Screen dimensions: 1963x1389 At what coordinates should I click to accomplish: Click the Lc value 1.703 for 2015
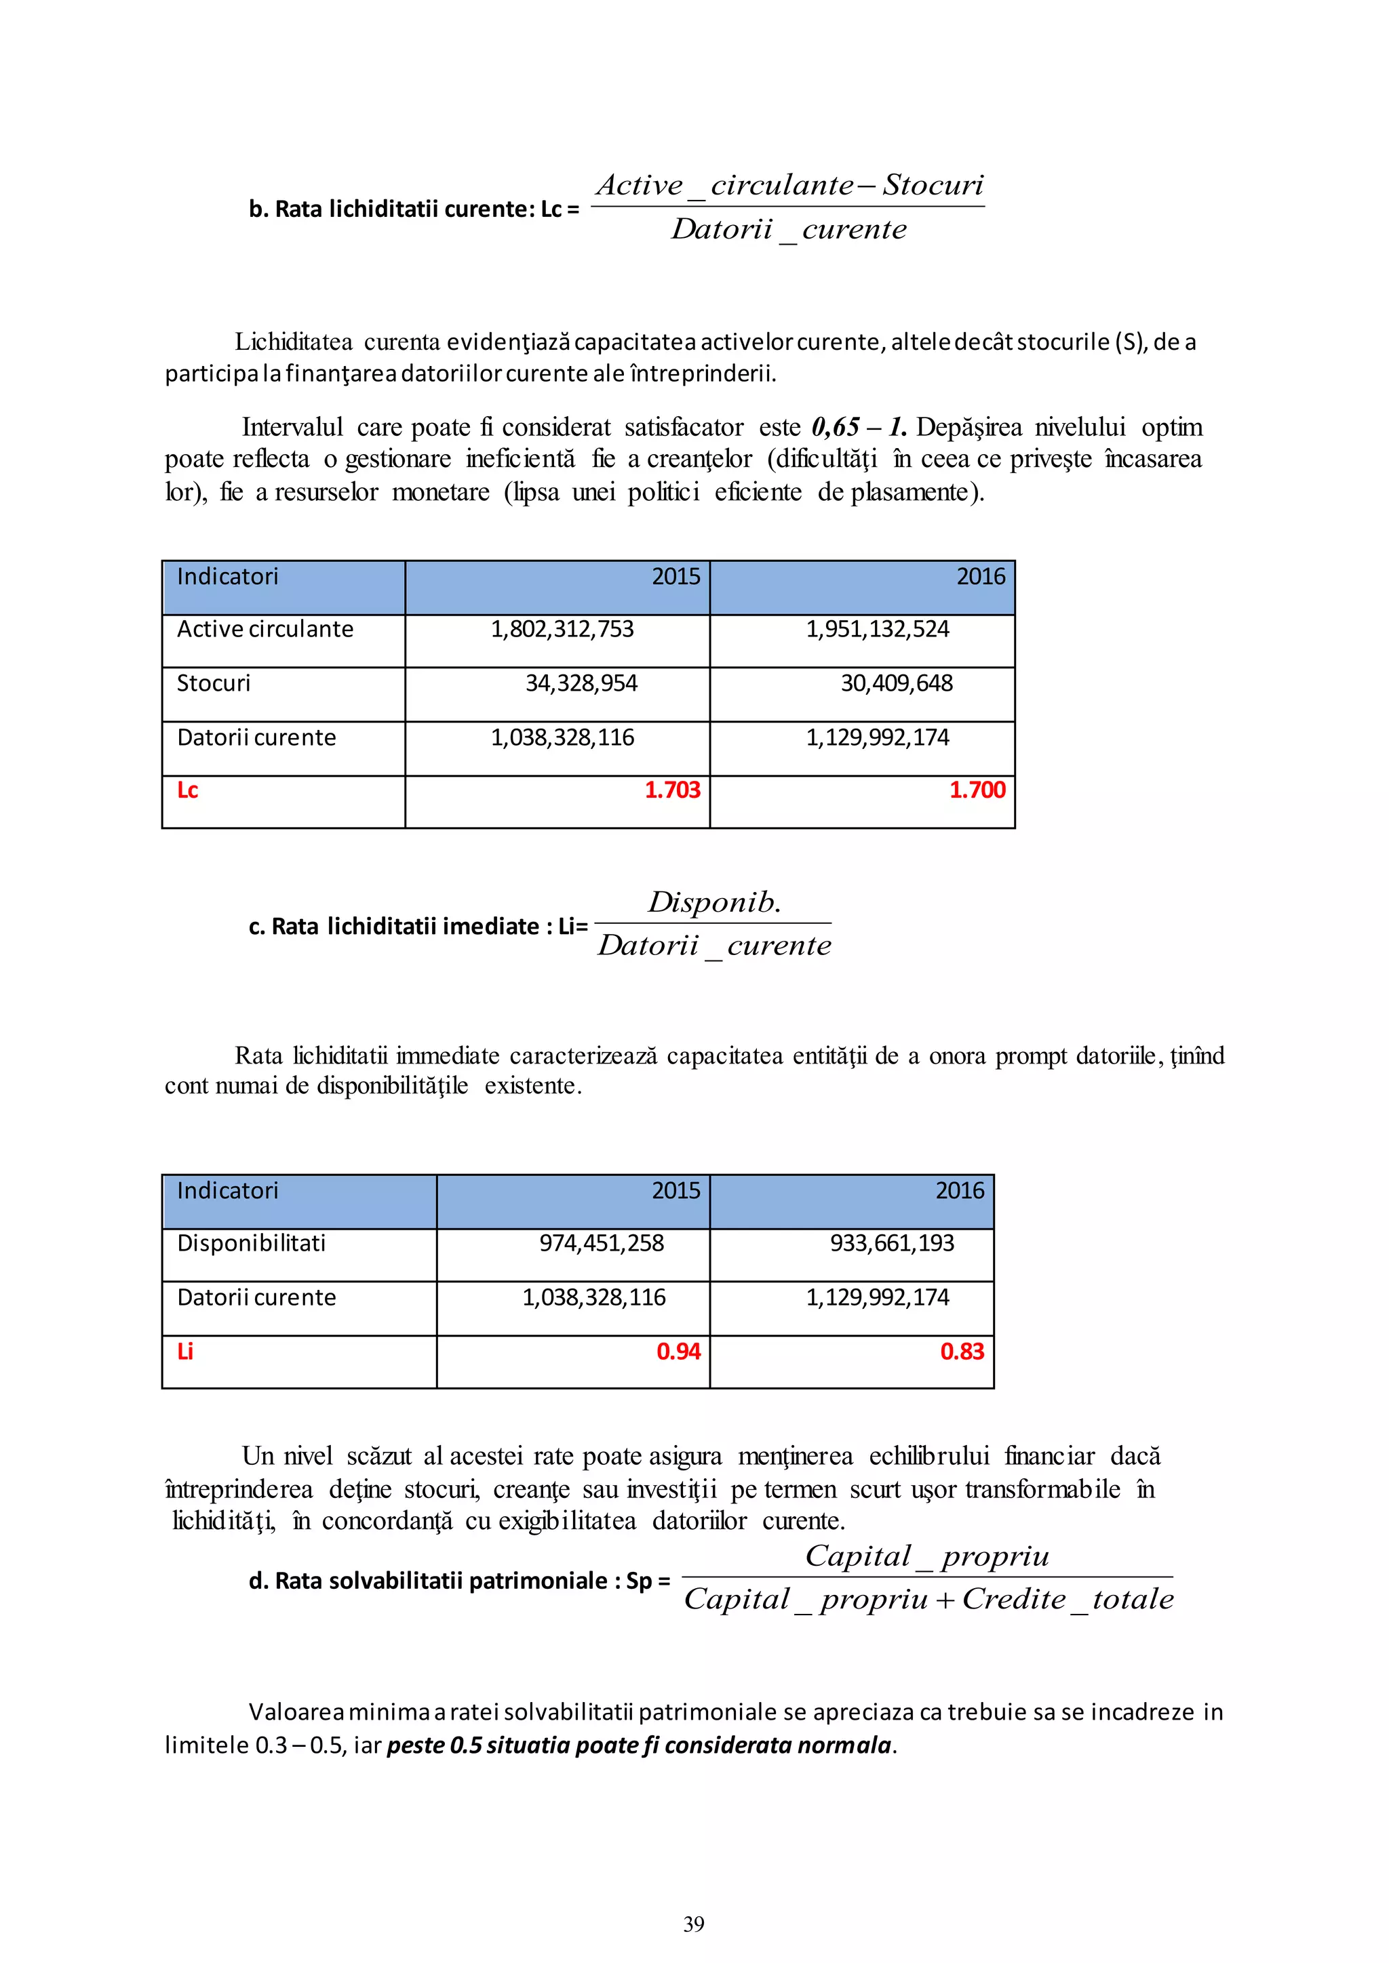(672, 790)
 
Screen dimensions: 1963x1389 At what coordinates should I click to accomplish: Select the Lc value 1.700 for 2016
(977, 790)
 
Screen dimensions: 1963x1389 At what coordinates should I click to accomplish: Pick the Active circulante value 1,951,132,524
(877, 629)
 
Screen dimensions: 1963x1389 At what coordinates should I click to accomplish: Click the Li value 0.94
(678, 1352)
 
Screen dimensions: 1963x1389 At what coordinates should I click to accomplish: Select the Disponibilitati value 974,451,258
(602, 1243)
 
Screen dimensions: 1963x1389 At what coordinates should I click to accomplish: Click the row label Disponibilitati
(252, 1243)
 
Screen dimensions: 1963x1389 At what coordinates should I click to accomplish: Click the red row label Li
(184, 1352)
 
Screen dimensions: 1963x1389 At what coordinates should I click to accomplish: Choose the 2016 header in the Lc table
(980, 577)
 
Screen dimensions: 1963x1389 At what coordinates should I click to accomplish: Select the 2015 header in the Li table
(676, 1191)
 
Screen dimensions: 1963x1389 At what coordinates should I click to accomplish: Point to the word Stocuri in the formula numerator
(933, 184)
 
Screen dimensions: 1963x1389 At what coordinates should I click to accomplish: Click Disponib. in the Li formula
(713, 902)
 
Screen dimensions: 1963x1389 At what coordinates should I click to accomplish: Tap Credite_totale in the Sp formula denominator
(1068, 1599)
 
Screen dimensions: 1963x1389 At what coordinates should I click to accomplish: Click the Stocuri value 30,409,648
(897, 683)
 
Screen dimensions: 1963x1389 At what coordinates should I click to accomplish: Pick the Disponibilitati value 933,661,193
(891, 1243)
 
